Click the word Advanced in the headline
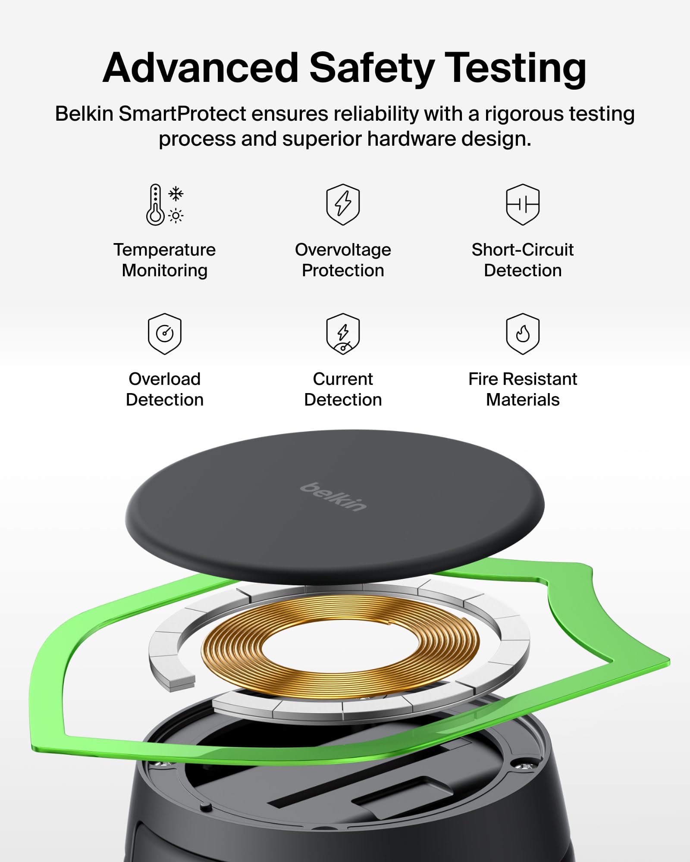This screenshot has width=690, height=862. click(x=201, y=68)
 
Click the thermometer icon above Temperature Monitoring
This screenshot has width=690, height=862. click(x=155, y=205)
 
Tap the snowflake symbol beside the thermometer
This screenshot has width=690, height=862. click(x=176, y=194)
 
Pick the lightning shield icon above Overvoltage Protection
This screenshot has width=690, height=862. click(x=343, y=204)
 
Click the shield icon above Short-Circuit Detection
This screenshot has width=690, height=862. click(x=523, y=204)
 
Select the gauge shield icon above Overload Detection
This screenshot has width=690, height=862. click(x=165, y=334)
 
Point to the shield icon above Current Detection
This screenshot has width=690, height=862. click(x=343, y=334)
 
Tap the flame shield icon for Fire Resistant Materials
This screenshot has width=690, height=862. click(x=523, y=334)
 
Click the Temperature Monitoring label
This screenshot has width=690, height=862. click(x=165, y=260)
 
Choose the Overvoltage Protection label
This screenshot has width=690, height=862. click(x=343, y=260)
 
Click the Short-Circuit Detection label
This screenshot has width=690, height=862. click(x=523, y=260)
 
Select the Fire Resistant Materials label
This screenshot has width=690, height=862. click(x=523, y=389)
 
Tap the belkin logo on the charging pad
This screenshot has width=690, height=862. click(x=333, y=497)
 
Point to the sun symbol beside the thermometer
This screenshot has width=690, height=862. click(x=176, y=215)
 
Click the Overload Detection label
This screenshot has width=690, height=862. click(x=165, y=389)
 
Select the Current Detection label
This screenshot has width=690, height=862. click(x=343, y=389)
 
